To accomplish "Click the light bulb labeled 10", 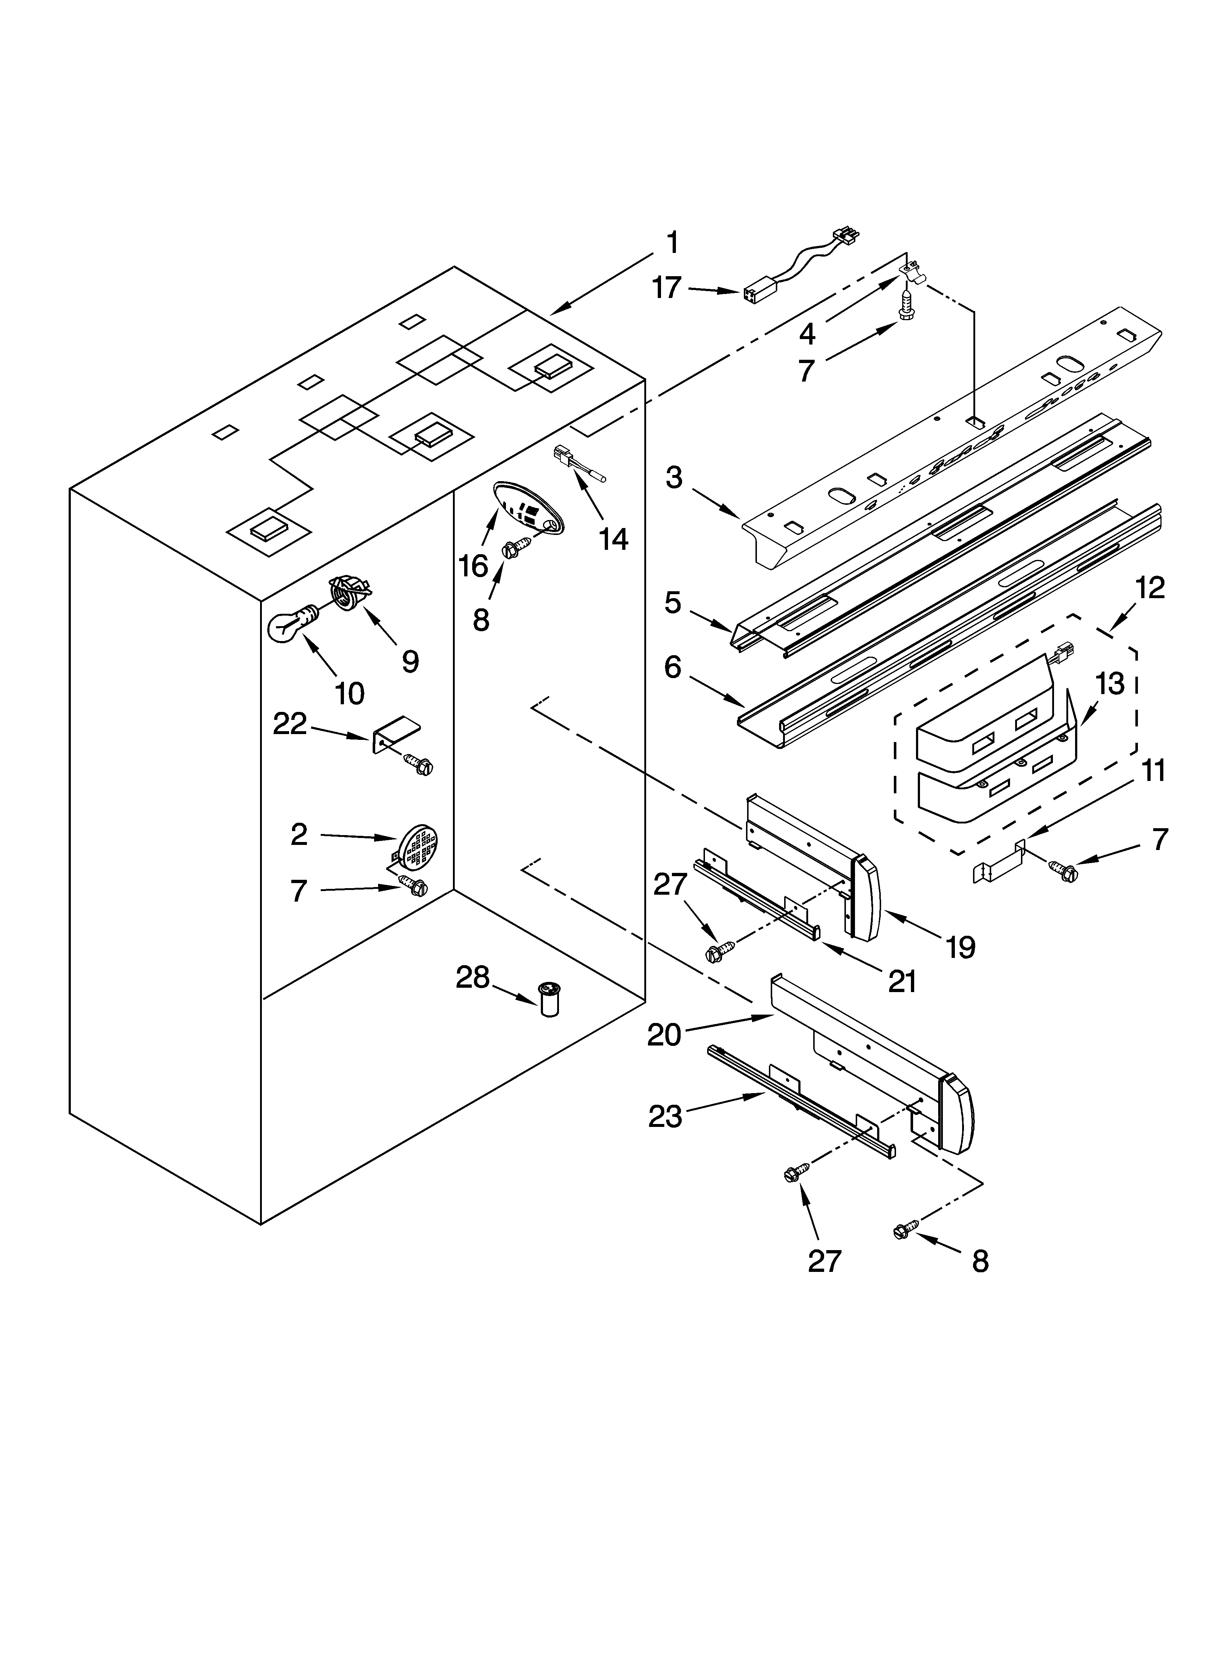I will tap(290, 624).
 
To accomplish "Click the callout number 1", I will tap(671, 243).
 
